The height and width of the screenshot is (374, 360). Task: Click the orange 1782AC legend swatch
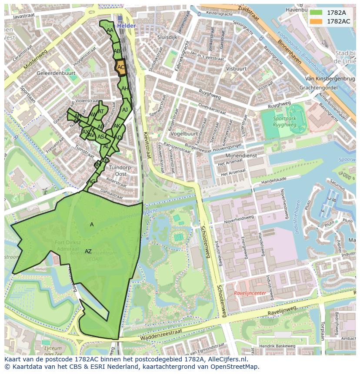[x=316, y=21]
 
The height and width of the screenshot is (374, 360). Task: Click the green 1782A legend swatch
[x=316, y=12]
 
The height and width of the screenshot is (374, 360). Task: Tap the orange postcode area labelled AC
[x=121, y=67]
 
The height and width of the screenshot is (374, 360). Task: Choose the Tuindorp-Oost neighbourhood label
[x=120, y=170]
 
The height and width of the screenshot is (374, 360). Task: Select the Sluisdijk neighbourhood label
[x=167, y=37]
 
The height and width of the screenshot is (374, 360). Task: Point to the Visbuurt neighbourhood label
[x=237, y=69]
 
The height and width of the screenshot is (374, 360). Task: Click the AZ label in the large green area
[x=88, y=252]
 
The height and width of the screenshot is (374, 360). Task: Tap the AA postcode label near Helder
[x=110, y=30]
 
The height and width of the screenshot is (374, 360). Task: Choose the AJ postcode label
[x=125, y=110]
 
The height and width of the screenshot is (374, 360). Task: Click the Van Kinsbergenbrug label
[x=330, y=79]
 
